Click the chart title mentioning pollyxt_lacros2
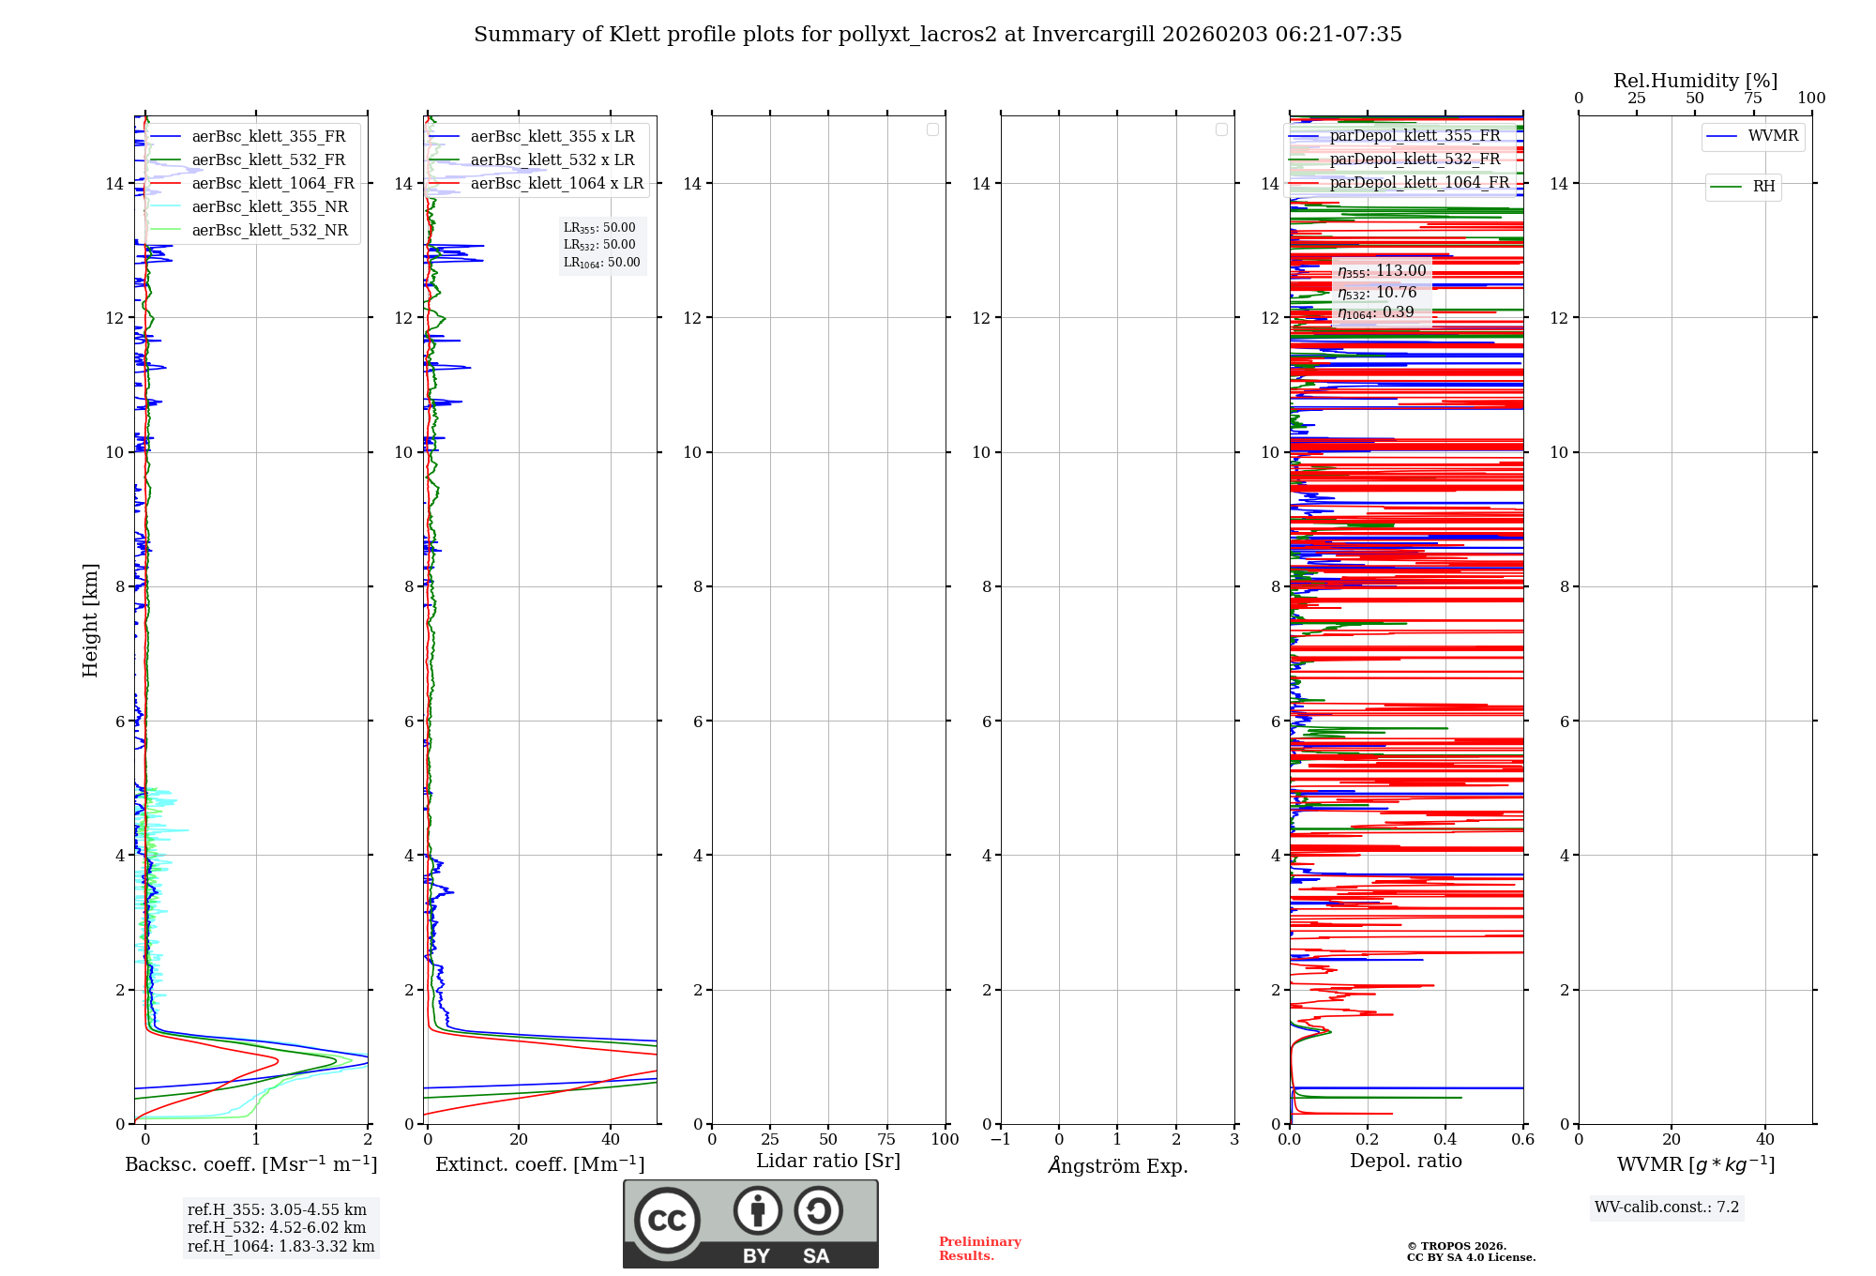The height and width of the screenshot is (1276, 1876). click(x=937, y=35)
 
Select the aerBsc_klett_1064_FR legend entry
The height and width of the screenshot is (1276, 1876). click(x=272, y=184)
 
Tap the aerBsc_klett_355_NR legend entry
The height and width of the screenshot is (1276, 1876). click(x=269, y=207)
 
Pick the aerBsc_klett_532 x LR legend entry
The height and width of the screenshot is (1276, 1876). click(x=552, y=160)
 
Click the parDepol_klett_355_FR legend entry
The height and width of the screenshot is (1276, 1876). click(x=1415, y=136)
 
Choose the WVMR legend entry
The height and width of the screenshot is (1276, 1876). click(x=1772, y=136)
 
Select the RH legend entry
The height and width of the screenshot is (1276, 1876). click(x=1763, y=187)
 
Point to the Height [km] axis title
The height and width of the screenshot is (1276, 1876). click(x=90, y=620)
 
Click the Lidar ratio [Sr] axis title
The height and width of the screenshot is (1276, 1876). click(x=828, y=1162)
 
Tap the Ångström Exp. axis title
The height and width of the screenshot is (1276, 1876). click(x=1117, y=1166)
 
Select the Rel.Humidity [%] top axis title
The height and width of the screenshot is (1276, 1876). click(x=1695, y=81)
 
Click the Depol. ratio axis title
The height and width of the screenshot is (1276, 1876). click(x=1405, y=1162)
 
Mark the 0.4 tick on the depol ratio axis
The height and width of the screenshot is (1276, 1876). click(x=1445, y=1140)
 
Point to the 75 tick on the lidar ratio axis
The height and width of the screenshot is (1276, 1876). click(x=886, y=1140)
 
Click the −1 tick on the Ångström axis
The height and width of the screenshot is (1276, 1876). click(x=1001, y=1140)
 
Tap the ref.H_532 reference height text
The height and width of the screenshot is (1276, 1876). click(x=277, y=1228)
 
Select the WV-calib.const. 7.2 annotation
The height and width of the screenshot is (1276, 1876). click(x=1667, y=1208)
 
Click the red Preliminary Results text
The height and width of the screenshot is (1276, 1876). click(x=979, y=1249)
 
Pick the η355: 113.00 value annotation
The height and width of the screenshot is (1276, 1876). click(x=1382, y=271)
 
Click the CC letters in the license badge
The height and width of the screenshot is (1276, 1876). click(x=667, y=1220)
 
